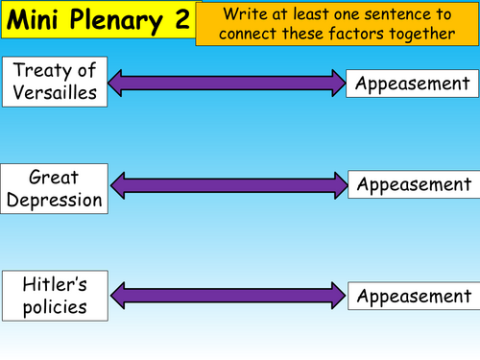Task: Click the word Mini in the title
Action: tap(33, 20)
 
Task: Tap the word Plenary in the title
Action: tap(116, 22)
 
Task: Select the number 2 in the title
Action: tap(182, 19)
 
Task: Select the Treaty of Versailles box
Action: tap(55, 82)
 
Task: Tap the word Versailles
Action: tap(55, 93)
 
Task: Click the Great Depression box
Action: tap(55, 189)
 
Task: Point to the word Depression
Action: tap(55, 201)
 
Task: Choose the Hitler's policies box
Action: tap(55, 296)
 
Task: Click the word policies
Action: tap(55, 307)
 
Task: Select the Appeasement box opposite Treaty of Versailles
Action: tap(412, 84)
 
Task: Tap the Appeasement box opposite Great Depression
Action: tap(414, 184)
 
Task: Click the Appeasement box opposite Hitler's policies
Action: tap(414, 296)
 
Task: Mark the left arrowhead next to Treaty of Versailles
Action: tap(115, 84)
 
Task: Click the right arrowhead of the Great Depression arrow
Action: tap(341, 185)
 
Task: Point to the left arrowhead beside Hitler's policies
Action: tap(118, 296)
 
